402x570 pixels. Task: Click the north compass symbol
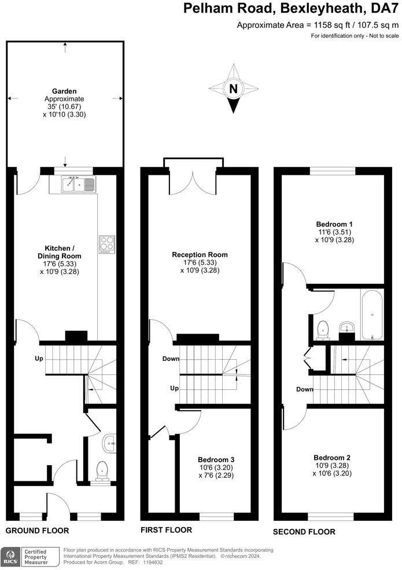pyautogui.click(x=233, y=89)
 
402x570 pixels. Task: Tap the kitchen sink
pyautogui.click(x=80, y=184)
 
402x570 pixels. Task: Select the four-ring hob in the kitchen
pyautogui.click(x=107, y=244)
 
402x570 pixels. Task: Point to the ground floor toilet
pyautogui.click(x=103, y=470)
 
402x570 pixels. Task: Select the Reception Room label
pyautogui.click(x=200, y=254)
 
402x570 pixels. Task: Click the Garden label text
pyautogui.click(x=64, y=91)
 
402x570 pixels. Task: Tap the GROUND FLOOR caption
pyautogui.click(x=37, y=531)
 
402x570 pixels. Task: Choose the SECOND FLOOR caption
pyautogui.click(x=304, y=531)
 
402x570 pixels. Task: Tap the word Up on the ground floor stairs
pyautogui.click(x=39, y=359)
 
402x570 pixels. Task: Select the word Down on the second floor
pyautogui.click(x=305, y=389)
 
